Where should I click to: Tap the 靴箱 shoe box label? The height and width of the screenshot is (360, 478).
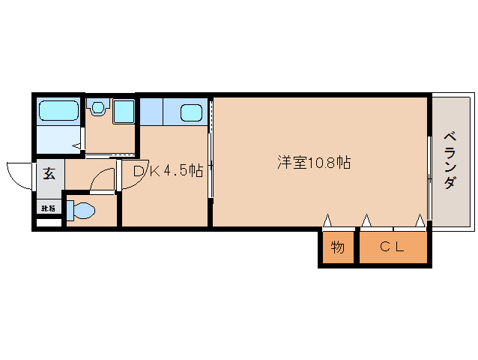tap(47, 208)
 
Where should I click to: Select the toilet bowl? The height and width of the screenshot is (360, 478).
tap(83, 211)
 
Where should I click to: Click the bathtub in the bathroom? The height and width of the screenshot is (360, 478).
tap(59, 112)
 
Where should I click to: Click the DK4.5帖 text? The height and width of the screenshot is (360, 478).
tap(168, 171)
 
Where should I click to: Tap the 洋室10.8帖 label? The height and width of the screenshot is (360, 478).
tap(315, 162)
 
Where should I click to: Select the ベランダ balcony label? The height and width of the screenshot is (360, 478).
tap(450, 161)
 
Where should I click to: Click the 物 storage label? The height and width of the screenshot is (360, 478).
tap(338, 246)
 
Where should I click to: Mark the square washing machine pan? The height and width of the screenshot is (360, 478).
tap(123, 112)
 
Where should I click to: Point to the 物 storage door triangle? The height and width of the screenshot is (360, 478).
tap(327, 221)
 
